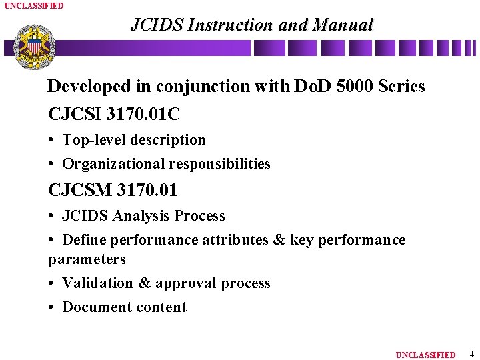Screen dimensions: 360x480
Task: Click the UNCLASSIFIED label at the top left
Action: pos(34,5)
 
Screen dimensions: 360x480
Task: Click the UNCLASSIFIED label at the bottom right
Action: pos(425,355)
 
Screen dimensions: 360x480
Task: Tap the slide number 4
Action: pos(471,354)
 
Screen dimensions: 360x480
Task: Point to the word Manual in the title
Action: pos(343,25)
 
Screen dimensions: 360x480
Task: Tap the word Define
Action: pos(84,240)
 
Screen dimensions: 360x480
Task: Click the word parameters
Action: pos(87,259)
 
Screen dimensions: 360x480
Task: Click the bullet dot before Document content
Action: pos(52,307)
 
